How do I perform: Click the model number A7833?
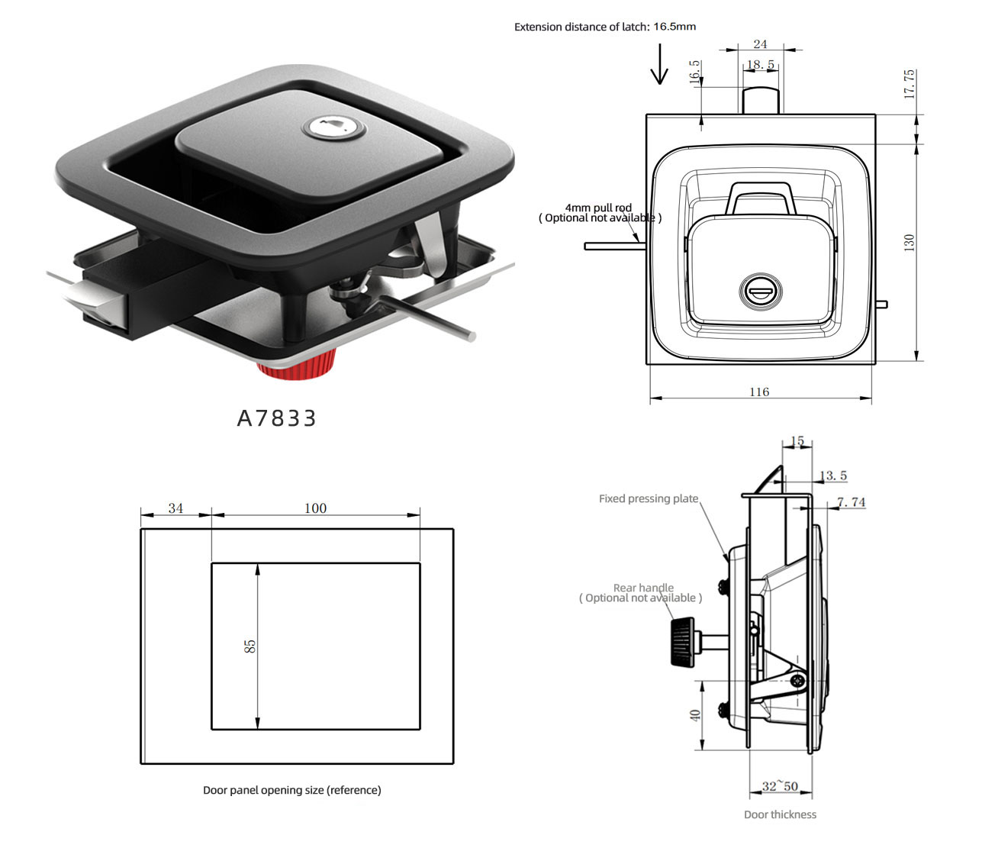tap(276, 418)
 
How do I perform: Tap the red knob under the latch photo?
tap(297, 366)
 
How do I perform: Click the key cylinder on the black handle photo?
tap(334, 127)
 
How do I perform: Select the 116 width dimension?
tap(759, 392)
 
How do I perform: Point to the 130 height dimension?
tap(909, 243)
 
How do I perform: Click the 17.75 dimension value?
tap(908, 84)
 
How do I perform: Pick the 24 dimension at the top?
tap(760, 44)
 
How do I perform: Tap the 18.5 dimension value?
tap(761, 64)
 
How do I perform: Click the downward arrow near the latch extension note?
tap(659, 63)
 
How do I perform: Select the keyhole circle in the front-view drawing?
tap(761, 292)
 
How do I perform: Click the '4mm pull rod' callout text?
tap(599, 208)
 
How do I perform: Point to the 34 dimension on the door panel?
tap(175, 508)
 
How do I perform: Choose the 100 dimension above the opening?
tap(315, 508)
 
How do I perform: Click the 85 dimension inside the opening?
tap(250, 646)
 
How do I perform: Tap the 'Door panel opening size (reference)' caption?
tap(292, 790)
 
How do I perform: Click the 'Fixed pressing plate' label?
tap(649, 498)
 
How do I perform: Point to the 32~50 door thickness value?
tap(780, 786)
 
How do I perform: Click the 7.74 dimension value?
tap(852, 502)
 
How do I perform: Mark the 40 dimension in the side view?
tap(695, 716)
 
